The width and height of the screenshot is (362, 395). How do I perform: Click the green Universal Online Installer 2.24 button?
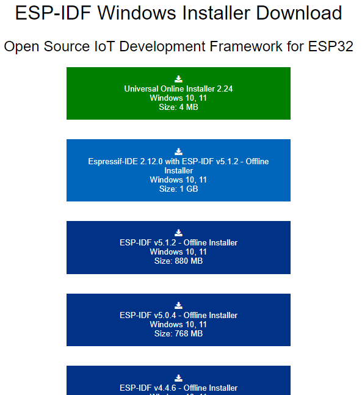(x=178, y=93)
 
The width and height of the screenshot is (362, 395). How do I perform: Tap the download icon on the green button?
(x=178, y=79)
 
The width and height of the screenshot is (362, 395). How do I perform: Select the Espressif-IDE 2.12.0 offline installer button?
(x=178, y=170)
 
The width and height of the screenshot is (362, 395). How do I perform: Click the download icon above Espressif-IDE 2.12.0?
(x=178, y=151)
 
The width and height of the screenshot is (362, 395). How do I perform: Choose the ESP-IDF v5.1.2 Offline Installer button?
(x=178, y=247)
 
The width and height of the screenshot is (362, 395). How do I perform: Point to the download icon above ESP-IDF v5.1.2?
(x=178, y=233)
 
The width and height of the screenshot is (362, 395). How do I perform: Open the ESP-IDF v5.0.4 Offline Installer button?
(x=178, y=320)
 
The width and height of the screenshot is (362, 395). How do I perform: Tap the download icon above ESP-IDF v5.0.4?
(x=178, y=305)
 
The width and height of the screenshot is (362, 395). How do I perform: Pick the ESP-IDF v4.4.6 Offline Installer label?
(x=178, y=388)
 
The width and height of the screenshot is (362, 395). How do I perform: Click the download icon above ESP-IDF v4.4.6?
(x=178, y=378)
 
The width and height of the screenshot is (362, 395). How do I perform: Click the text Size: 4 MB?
(x=178, y=107)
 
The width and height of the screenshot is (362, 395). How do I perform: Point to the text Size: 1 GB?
(x=178, y=189)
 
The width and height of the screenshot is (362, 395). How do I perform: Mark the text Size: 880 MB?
(x=178, y=261)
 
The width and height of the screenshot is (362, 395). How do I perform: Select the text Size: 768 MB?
(x=178, y=333)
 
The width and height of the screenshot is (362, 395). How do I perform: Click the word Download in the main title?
(x=299, y=13)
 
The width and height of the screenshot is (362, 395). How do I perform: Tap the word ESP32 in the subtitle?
(x=330, y=46)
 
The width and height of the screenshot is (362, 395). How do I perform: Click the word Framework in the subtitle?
(x=246, y=46)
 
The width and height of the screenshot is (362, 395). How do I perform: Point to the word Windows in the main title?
(x=137, y=13)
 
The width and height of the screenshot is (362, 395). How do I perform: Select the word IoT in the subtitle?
(x=104, y=46)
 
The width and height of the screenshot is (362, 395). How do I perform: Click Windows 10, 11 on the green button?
(x=178, y=98)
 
